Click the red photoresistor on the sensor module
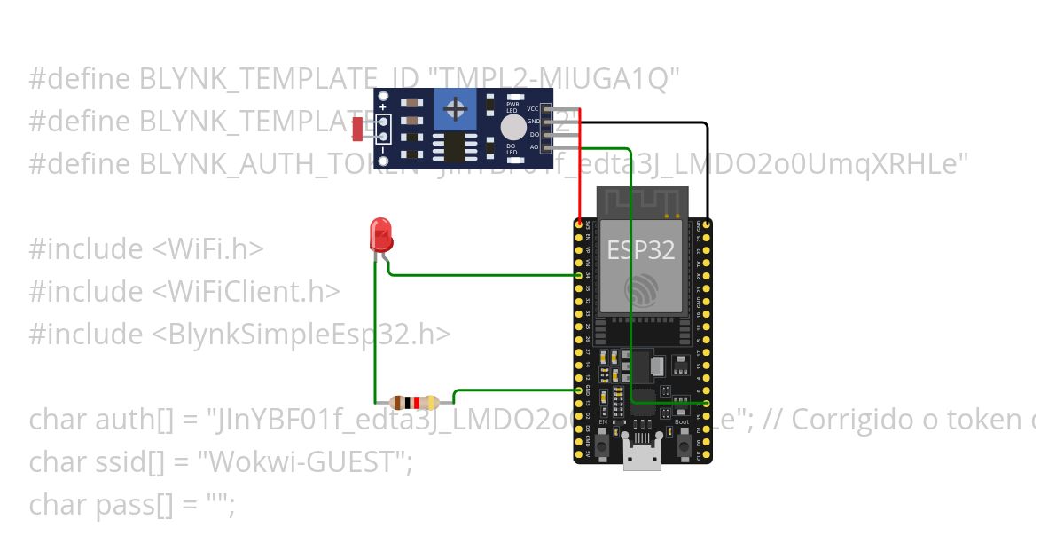[356, 130]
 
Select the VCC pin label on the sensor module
[533, 108]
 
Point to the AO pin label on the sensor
[534, 146]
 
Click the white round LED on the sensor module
[512, 127]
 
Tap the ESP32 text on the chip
[641, 250]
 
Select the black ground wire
[707, 169]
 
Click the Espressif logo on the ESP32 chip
[641, 289]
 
